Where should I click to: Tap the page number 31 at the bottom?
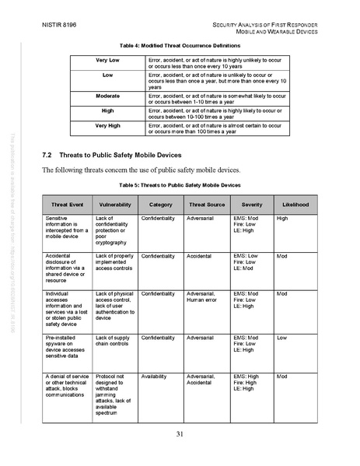(x=179, y=434)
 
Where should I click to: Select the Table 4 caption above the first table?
(x=180, y=46)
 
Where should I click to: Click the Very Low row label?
(x=107, y=60)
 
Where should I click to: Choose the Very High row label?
(x=107, y=124)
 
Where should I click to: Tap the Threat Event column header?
(x=66, y=205)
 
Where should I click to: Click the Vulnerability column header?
(x=114, y=205)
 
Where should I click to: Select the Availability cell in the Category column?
(x=155, y=376)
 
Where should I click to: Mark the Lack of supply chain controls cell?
(x=112, y=340)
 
